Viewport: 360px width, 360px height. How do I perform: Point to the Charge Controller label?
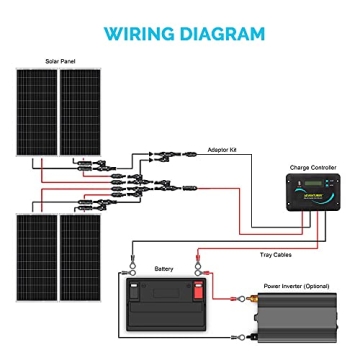point(302,155)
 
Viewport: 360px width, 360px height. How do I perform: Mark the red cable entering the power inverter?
point(240,297)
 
